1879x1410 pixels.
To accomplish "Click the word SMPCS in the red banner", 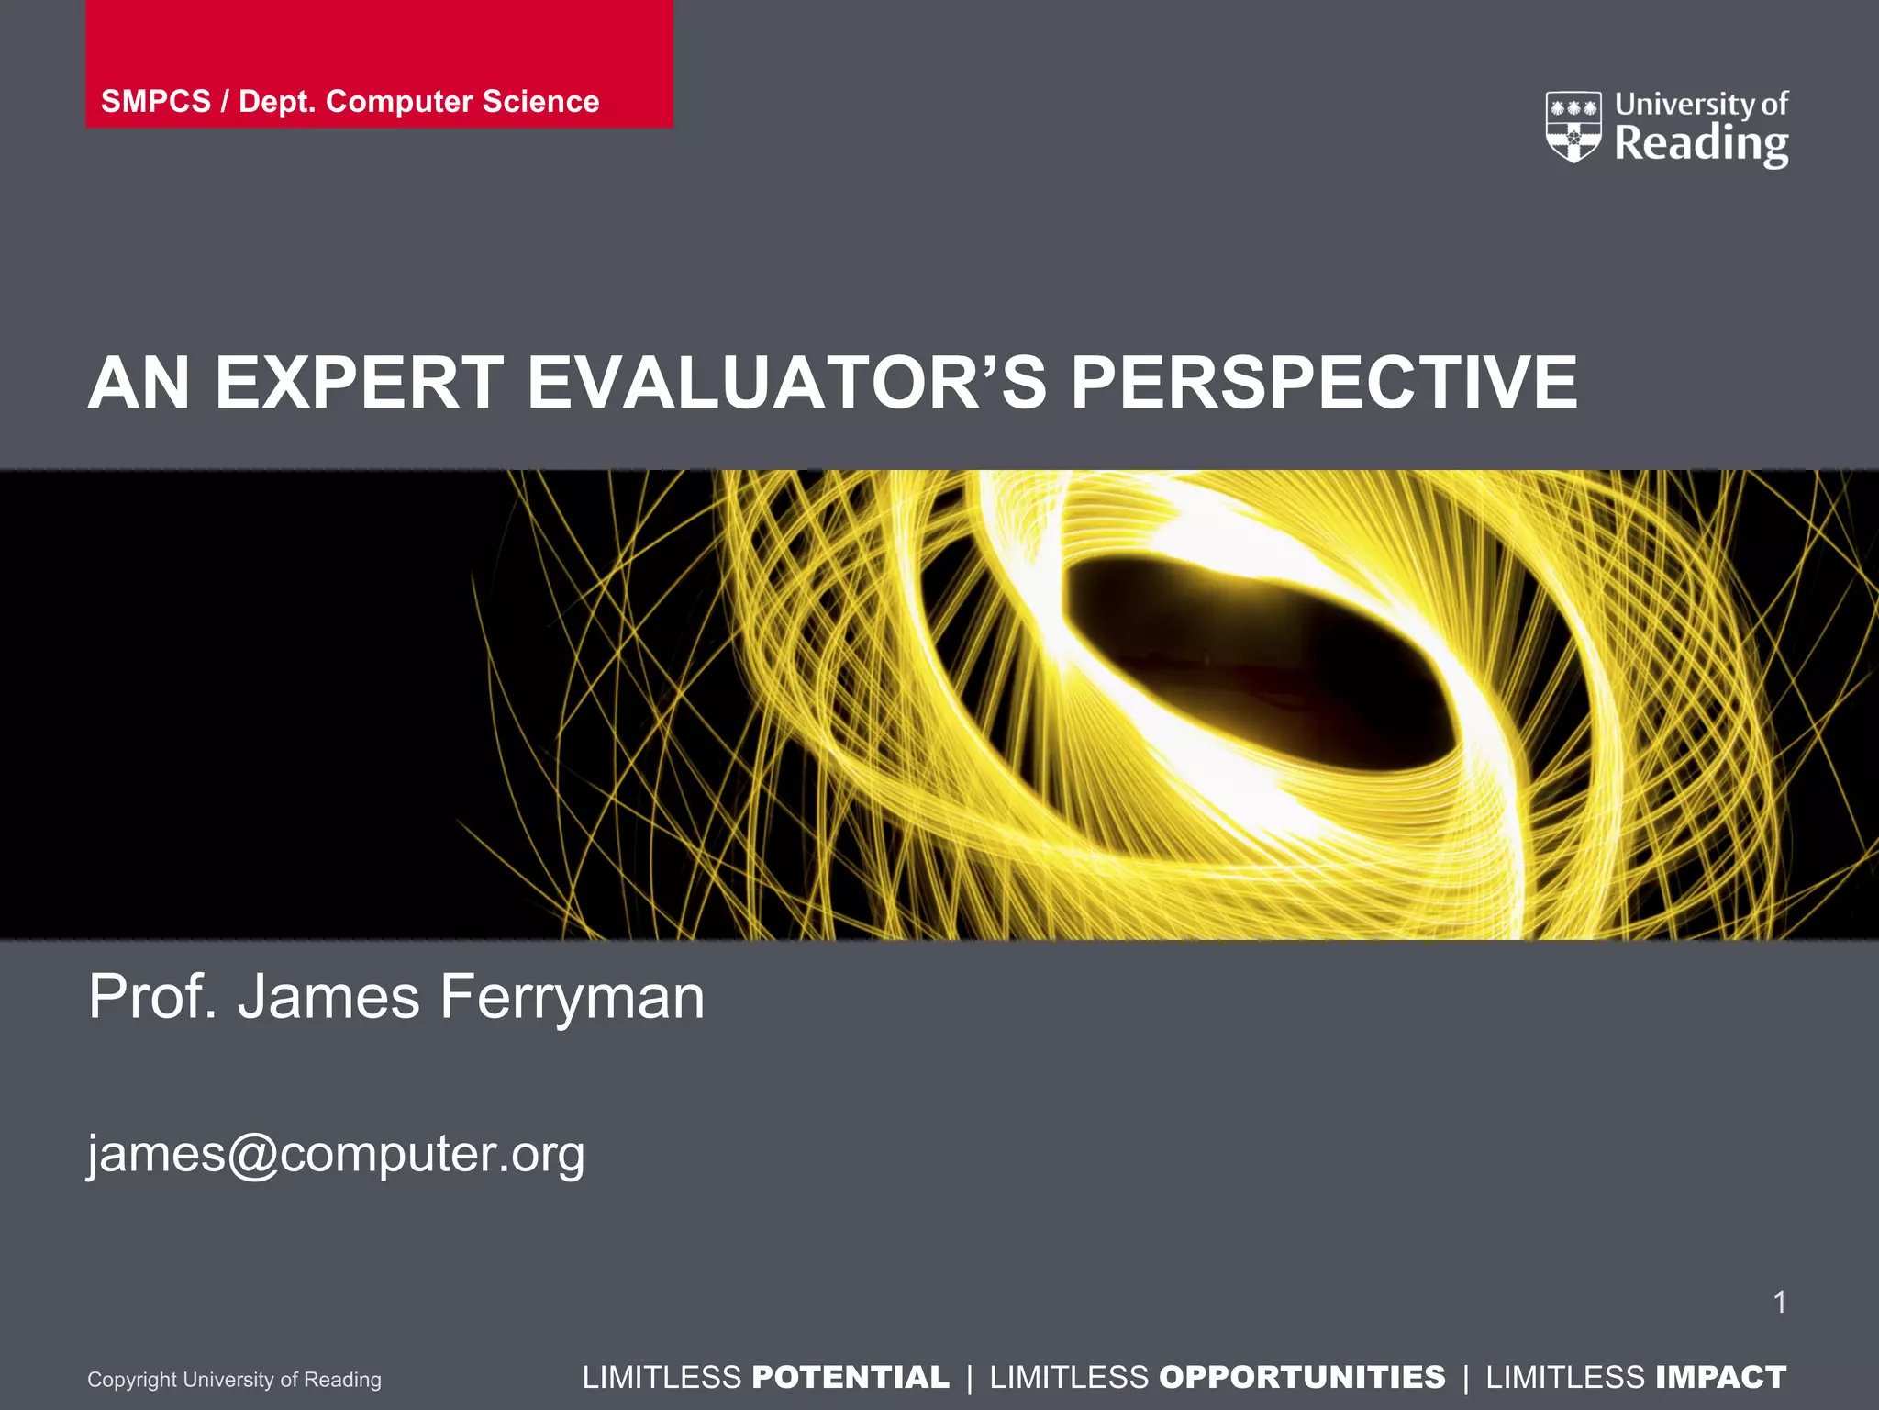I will [x=155, y=101].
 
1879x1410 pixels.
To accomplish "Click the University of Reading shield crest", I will [x=1573, y=127].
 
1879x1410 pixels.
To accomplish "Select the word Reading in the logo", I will [x=1701, y=145].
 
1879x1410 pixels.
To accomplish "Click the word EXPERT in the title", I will [x=359, y=383].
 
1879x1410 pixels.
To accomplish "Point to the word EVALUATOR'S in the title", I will [x=786, y=383].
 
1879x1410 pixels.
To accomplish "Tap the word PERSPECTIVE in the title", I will [x=1324, y=383].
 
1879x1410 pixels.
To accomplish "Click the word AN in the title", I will [x=139, y=383].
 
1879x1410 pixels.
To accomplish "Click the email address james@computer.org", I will [x=336, y=1154].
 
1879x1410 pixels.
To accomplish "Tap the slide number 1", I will [x=1779, y=1302].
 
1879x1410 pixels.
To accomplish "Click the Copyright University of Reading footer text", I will [x=234, y=1379].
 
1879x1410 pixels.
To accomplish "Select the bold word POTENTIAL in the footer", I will [x=851, y=1377].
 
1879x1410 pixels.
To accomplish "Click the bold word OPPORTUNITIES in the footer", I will [x=1302, y=1377].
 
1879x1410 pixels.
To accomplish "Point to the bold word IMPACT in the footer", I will [x=1720, y=1377].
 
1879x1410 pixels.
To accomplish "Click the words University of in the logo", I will [x=1701, y=104].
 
